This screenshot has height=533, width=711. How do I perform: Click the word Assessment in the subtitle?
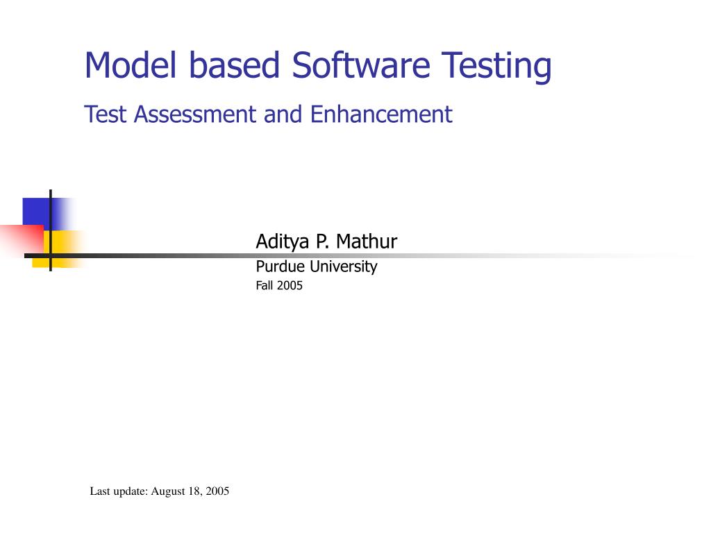pos(196,114)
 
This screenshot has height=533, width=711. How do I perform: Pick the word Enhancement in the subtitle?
pos(381,114)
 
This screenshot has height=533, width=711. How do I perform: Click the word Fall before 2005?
pos(265,285)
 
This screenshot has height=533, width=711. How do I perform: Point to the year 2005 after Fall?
pos(290,285)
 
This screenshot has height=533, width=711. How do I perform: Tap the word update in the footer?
pos(130,491)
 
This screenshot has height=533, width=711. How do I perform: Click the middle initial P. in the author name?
pos(321,242)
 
